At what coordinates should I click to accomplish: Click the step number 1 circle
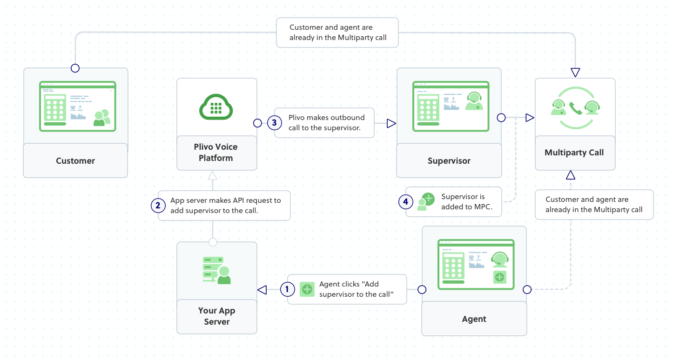[x=287, y=289]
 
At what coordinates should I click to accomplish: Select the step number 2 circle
[x=158, y=205]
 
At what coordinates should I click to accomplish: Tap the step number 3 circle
[x=274, y=123]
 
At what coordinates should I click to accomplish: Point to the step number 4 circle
[x=406, y=202]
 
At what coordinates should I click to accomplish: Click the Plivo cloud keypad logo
[x=216, y=107]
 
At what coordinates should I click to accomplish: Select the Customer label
[x=75, y=161]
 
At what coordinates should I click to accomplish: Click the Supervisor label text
[x=449, y=161]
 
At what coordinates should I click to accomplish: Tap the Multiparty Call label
[x=574, y=153]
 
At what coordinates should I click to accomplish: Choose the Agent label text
[x=474, y=319]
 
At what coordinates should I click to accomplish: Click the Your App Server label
[x=217, y=316]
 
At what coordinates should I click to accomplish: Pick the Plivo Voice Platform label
[x=216, y=152]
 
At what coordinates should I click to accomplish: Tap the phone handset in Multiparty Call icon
[x=576, y=108]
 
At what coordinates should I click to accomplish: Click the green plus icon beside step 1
[x=307, y=289]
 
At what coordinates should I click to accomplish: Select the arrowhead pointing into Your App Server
[x=262, y=290]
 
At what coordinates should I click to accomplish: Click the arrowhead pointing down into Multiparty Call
[x=575, y=72]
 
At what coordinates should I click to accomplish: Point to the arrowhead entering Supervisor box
[x=391, y=123]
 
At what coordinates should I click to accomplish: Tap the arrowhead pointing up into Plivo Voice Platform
[x=213, y=175]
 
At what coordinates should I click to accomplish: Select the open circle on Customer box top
[x=75, y=68]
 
